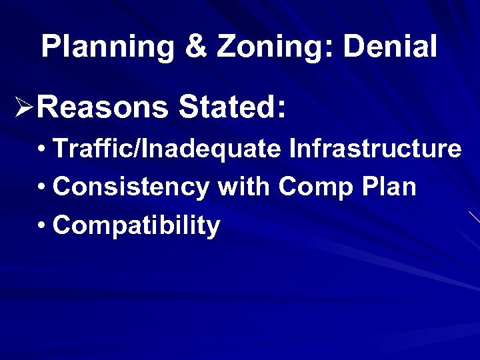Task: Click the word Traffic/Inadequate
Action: [167, 149]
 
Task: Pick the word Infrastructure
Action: [375, 149]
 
